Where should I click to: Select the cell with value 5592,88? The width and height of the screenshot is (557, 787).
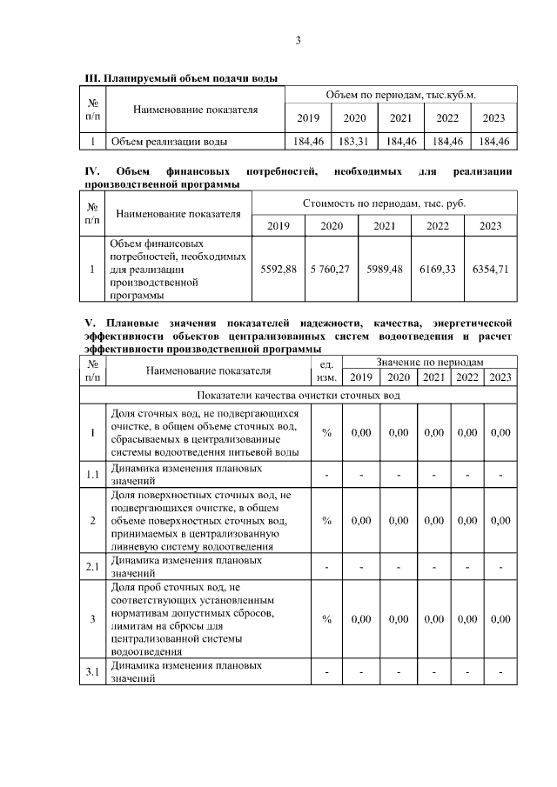tap(278, 270)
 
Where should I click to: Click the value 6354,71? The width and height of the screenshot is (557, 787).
tap(490, 270)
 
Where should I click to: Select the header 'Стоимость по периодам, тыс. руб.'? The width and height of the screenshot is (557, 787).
tap(384, 203)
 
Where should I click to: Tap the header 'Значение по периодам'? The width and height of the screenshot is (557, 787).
tap(429, 361)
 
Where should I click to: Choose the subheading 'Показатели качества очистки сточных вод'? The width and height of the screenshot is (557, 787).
tap(299, 396)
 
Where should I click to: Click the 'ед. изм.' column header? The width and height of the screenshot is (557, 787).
tap(326, 370)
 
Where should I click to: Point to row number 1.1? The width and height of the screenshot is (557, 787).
tap(92, 474)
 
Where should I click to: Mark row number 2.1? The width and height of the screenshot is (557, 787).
tap(92, 567)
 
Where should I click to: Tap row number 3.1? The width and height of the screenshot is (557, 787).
tap(92, 672)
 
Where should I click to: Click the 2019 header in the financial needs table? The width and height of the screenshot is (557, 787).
tap(278, 226)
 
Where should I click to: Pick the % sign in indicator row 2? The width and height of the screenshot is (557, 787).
tap(326, 520)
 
